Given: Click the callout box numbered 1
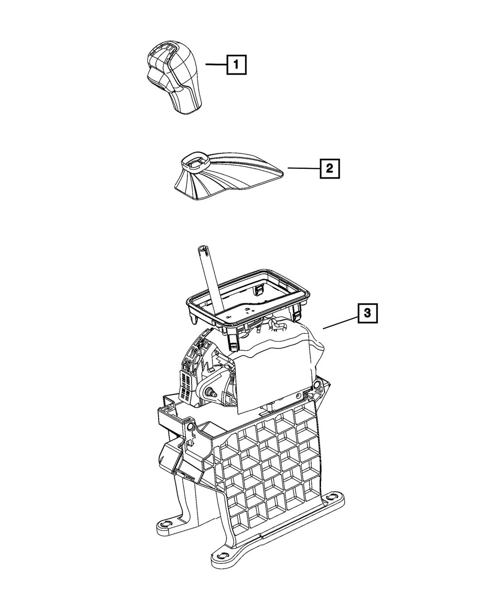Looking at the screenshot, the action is (x=236, y=64).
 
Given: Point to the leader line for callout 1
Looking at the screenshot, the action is (x=215, y=64).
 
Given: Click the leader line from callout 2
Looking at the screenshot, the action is (x=303, y=168).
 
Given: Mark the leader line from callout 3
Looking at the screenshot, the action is (x=340, y=321).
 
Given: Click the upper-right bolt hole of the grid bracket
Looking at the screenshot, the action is (x=318, y=386).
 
